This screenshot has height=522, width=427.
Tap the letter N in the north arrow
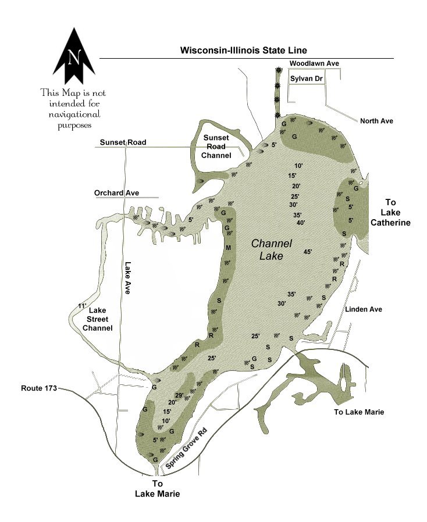tap(74, 58)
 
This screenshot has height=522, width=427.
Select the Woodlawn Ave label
tap(314, 63)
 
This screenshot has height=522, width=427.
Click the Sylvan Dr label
tap(307, 77)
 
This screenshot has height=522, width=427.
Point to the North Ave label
tap(376, 121)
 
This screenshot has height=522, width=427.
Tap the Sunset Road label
tap(122, 142)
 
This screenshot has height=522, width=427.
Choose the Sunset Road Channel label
tap(216, 146)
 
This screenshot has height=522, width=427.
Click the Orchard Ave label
tap(116, 193)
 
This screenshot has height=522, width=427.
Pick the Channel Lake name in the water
tap(271, 249)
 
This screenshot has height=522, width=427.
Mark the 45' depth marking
tap(308, 252)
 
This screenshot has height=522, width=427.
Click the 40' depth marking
tap(301, 223)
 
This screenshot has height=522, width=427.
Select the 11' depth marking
tap(81, 306)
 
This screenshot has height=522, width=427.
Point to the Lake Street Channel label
tap(97, 320)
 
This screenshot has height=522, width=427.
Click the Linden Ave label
tap(364, 309)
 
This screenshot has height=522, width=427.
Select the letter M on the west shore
tap(228, 248)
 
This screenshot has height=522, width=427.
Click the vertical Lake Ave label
tap(127, 278)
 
